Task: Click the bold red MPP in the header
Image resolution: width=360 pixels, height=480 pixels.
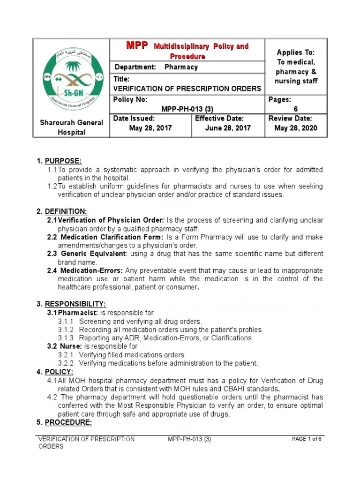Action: (137, 46)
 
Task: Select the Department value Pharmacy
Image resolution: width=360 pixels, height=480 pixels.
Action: (181, 67)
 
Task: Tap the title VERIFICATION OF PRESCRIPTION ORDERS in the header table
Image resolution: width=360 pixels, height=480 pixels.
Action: (187, 89)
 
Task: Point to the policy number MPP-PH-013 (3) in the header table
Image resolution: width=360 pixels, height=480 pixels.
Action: (187, 109)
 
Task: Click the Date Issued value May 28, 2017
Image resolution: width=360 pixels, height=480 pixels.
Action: (150, 128)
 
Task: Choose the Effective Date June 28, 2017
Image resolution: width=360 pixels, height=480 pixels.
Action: (228, 128)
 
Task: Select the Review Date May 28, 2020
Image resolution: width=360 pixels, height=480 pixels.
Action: (296, 128)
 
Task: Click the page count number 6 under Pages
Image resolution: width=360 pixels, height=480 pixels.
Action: (295, 109)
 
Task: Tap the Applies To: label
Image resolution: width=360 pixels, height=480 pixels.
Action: (296, 52)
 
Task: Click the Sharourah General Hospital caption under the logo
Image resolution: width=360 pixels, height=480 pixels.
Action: (71, 127)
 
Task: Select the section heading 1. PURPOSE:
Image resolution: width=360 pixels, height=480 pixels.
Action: (59, 161)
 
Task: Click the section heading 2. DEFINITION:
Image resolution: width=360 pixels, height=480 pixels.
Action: (62, 212)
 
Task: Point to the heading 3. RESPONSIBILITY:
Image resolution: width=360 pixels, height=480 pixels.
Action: (71, 304)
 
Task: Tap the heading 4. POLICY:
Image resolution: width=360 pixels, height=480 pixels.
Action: (55, 372)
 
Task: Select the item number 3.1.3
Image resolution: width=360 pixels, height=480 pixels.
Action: (66, 338)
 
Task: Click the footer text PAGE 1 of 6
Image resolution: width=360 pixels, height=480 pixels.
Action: (307, 439)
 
